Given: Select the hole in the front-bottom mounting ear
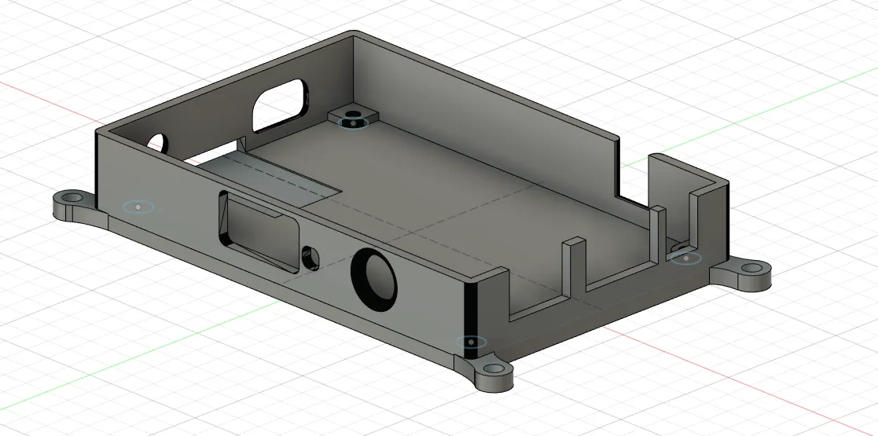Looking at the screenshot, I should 493,369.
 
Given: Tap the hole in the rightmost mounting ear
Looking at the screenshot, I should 751,268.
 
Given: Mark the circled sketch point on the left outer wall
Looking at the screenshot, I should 138,207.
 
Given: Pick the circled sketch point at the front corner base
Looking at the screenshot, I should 471,343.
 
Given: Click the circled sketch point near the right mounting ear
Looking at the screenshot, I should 686,258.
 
